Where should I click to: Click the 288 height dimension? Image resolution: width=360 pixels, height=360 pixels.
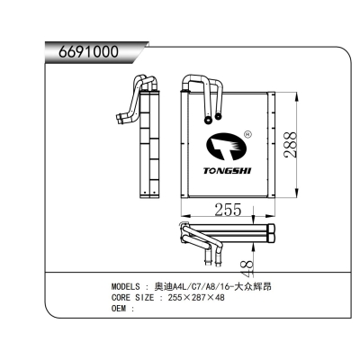pos(287,144)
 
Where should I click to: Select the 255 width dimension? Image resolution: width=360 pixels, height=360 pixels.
pos(227,209)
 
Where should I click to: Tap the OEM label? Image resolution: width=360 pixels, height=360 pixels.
pos(118,308)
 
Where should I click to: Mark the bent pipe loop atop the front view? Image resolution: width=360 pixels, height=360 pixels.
pos(203,83)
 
